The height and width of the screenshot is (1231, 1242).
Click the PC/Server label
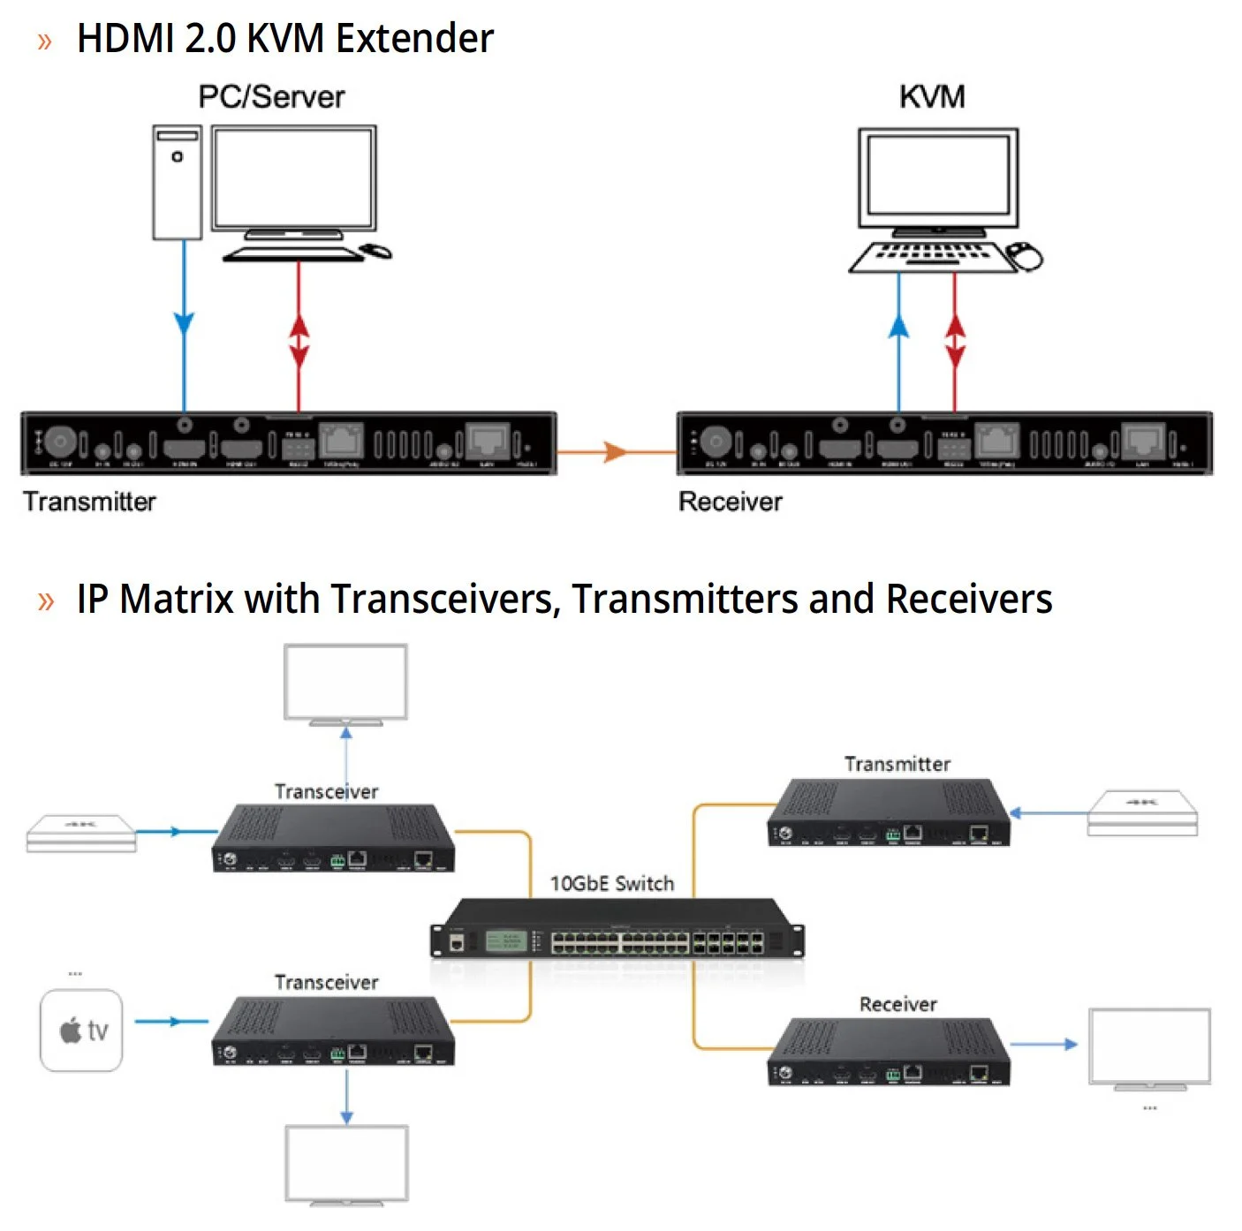pos(271,97)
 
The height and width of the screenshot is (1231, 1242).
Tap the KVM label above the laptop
pos(932,96)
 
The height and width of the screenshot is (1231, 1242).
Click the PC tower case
pos(177,182)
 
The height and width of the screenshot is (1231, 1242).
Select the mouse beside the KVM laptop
pos(1025,256)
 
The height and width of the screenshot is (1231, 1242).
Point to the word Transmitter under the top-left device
pos(89,502)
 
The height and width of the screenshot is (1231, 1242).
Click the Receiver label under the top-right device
pos(730,502)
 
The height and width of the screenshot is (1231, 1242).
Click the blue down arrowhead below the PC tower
pos(184,324)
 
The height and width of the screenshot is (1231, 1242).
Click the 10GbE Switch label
pos(611,883)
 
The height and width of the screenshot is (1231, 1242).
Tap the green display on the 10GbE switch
pos(507,941)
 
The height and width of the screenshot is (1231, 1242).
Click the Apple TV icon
pos(81,1030)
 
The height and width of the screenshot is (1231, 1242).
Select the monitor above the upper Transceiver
pos(345,683)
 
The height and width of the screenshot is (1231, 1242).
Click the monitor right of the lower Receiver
pos(1149,1047)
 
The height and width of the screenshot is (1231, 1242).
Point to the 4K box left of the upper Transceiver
pos(81,833)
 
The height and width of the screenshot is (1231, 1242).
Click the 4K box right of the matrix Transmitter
pos(1142,812)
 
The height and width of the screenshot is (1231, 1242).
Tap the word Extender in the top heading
pos(414,39)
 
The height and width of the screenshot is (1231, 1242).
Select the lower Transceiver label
pos(326,982)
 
